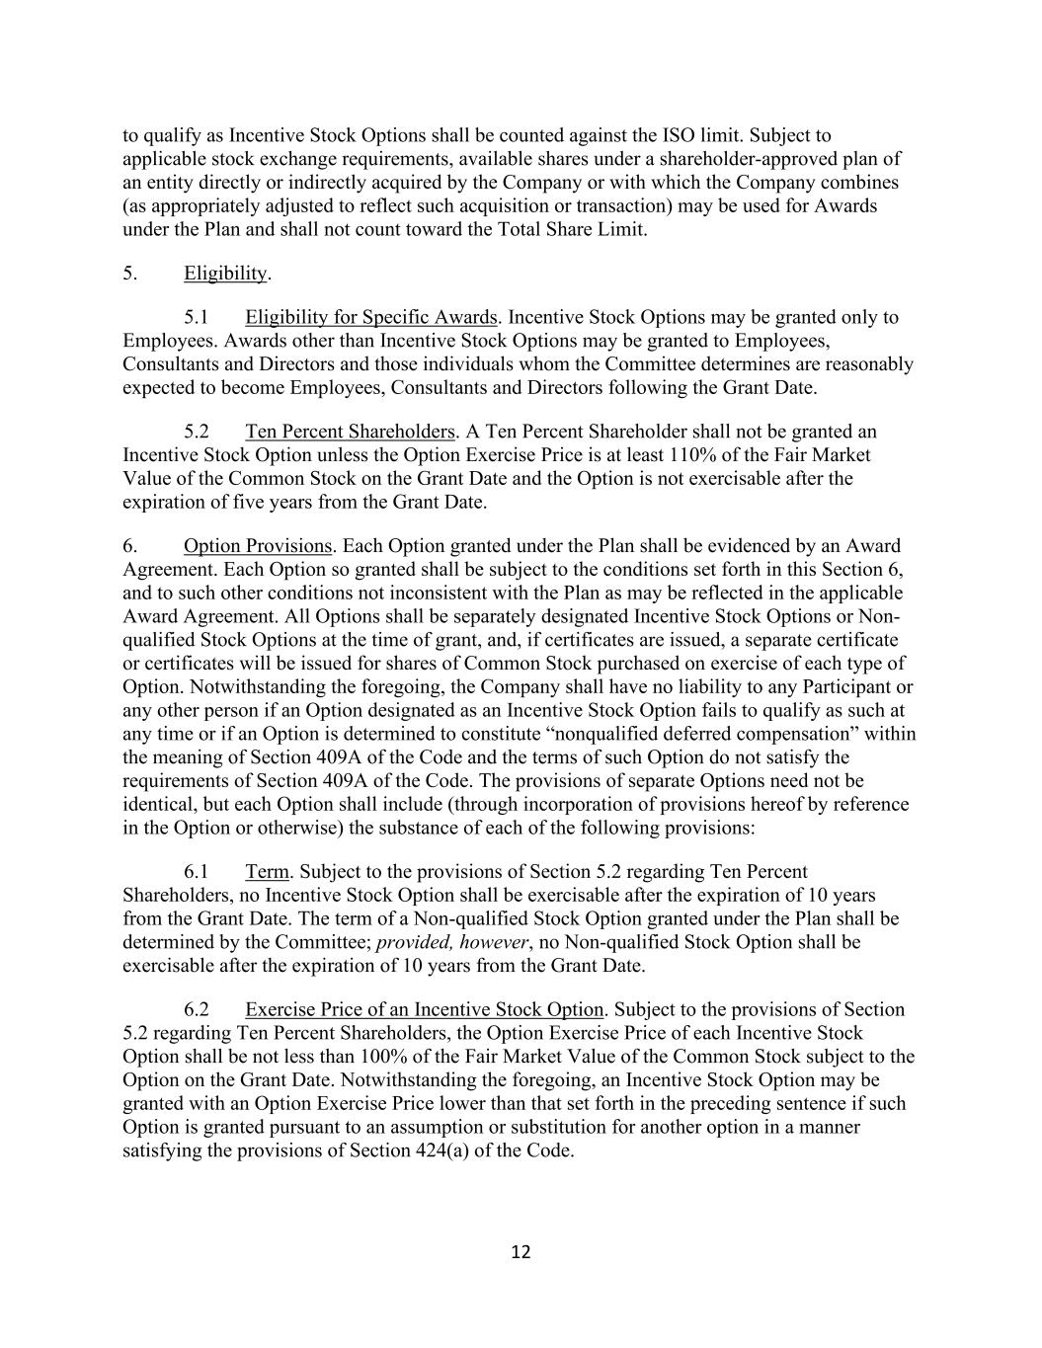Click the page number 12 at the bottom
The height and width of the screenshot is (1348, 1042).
(x=521, y=1252)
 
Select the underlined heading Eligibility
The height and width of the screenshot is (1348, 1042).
(x=225, y=273)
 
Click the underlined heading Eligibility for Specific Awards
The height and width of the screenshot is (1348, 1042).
(x=370, y=317)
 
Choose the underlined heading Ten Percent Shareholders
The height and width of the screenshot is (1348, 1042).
(x=350, y=432)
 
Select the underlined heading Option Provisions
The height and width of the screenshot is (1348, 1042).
(x=257, y=546)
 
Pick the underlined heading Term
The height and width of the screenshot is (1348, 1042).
(x=267, y=872)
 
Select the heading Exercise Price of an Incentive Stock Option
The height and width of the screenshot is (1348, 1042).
(x=424, y=1009)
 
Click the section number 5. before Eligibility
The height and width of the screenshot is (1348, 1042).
(x=129, y=273)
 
